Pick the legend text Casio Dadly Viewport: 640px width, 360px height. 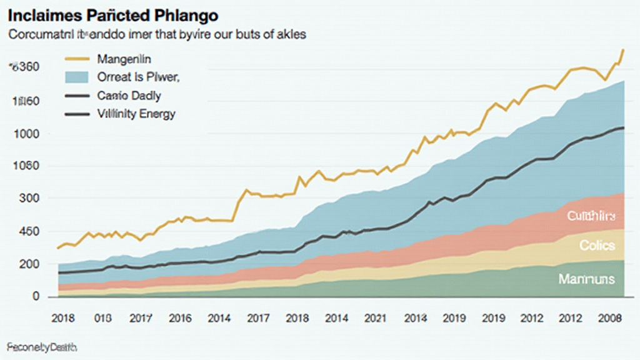pyautogui.click(x=129, y=96)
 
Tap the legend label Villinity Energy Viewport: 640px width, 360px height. pyautogui.click(x=136, y=114)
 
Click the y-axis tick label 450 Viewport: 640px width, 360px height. pyautogui.click(x=27, y=231)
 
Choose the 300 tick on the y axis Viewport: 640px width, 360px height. pyautogui.click(x=27, y=199)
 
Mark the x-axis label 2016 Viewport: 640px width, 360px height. pyautogui.click(x=180, y=317)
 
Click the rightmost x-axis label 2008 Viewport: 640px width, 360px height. pyautogui.click(x=610, y=317)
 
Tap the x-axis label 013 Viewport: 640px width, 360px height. pyautogui.click(x=102, y=317)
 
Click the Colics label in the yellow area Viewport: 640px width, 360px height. pyautogui.click(x=597, y=246)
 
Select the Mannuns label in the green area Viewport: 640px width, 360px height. pyautogui.click(x=586, y=279)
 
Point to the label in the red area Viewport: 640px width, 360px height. pyautogui.click(x=591, y=216)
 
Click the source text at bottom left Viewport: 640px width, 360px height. pyautogui.click(x=37, y=346)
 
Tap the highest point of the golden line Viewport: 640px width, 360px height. pyautogui.click(x=622, y=49)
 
